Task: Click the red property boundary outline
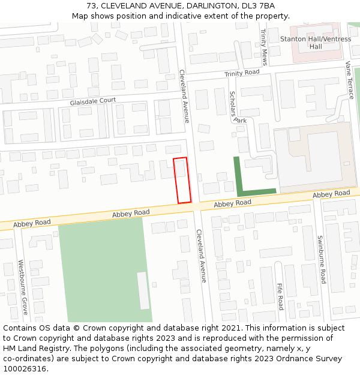point(182,180)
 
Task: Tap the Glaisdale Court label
point(92,102)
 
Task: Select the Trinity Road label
point(242,73)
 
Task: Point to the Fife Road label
point(280,296)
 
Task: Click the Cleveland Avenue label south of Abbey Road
point(201,256)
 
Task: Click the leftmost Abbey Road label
point(131,213)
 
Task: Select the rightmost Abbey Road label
point(331,194)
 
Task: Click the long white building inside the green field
point(143,290)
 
